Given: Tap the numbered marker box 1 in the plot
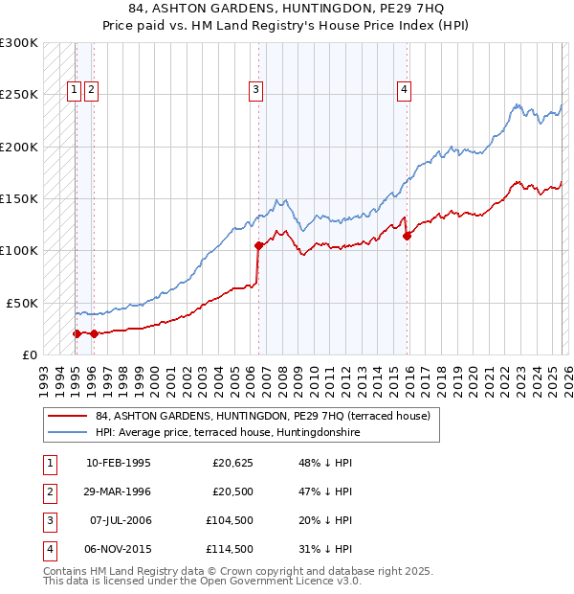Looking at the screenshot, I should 75,91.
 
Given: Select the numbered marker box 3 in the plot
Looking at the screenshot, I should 257,91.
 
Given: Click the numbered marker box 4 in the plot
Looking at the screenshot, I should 405,91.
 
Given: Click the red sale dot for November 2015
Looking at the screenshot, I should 408,235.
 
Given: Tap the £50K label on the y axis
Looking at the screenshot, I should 22,303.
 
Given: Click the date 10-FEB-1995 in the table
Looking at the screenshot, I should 118,463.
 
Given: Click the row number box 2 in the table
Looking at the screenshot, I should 48,491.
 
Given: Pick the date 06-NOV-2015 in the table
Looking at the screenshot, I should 118,549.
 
